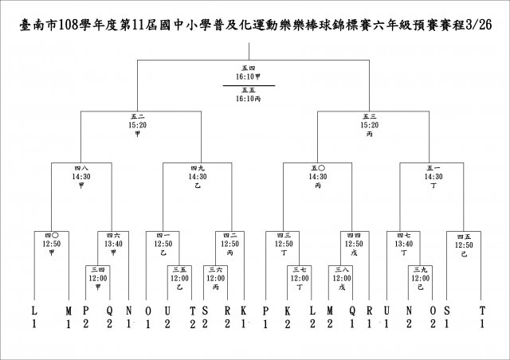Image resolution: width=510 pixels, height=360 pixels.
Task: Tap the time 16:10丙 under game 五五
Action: (x=249, y=100)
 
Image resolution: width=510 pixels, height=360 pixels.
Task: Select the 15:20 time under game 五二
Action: (x=137, y=125)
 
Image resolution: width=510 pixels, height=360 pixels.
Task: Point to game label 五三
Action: (x=369, y=117)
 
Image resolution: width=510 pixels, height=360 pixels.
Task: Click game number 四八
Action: (x=80, y=168)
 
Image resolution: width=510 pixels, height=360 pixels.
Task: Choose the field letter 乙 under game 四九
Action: (x=197, y=185)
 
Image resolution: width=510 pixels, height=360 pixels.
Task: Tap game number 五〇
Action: (x=318, y=168)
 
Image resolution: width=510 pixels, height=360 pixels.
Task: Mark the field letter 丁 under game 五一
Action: (x=433, y=185)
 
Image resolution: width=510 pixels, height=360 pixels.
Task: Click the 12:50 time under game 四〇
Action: (x=51, y=244)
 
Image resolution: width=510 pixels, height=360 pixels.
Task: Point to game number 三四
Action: (x=97, y=270)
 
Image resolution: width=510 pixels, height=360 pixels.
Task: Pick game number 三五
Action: (x=179, y=270)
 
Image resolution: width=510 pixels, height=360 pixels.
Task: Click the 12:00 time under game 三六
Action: (x=214, y=278)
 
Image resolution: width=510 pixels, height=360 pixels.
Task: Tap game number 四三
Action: (x=284, y=236)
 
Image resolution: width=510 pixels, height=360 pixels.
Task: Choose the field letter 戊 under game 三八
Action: (x=343, y=287)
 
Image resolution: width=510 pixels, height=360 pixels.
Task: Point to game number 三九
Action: (x=421, y=270)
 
